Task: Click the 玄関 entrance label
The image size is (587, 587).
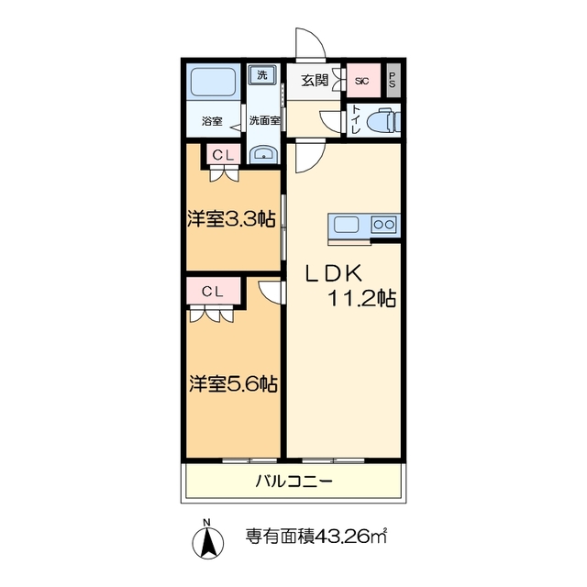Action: coord(315,80)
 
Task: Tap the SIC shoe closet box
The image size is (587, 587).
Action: coord(361,80)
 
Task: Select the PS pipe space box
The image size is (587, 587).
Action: coord(393,80)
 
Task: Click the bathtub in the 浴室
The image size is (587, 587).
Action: coord(214,85)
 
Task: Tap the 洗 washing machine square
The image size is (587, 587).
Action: coord(264,74)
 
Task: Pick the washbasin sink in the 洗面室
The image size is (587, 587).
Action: coord(264,153)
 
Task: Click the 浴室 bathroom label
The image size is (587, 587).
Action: coord(213,121)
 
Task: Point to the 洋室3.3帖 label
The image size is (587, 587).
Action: coord(231,219)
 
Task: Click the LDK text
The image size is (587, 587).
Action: coord(336,272)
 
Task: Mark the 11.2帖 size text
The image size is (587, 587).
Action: coord(361,299)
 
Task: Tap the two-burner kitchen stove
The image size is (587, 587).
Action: coord(383,225)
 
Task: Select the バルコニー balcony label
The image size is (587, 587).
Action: coord(293,482)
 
